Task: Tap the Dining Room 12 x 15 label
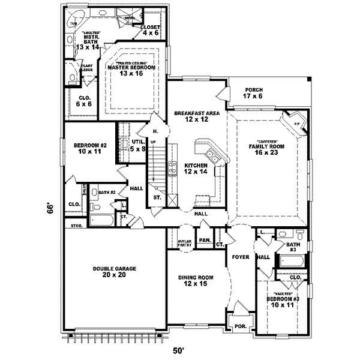196,281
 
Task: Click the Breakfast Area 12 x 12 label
196,116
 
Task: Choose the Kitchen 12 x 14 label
196,169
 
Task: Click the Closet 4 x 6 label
149,30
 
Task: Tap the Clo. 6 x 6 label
84,101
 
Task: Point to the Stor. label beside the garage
76,226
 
